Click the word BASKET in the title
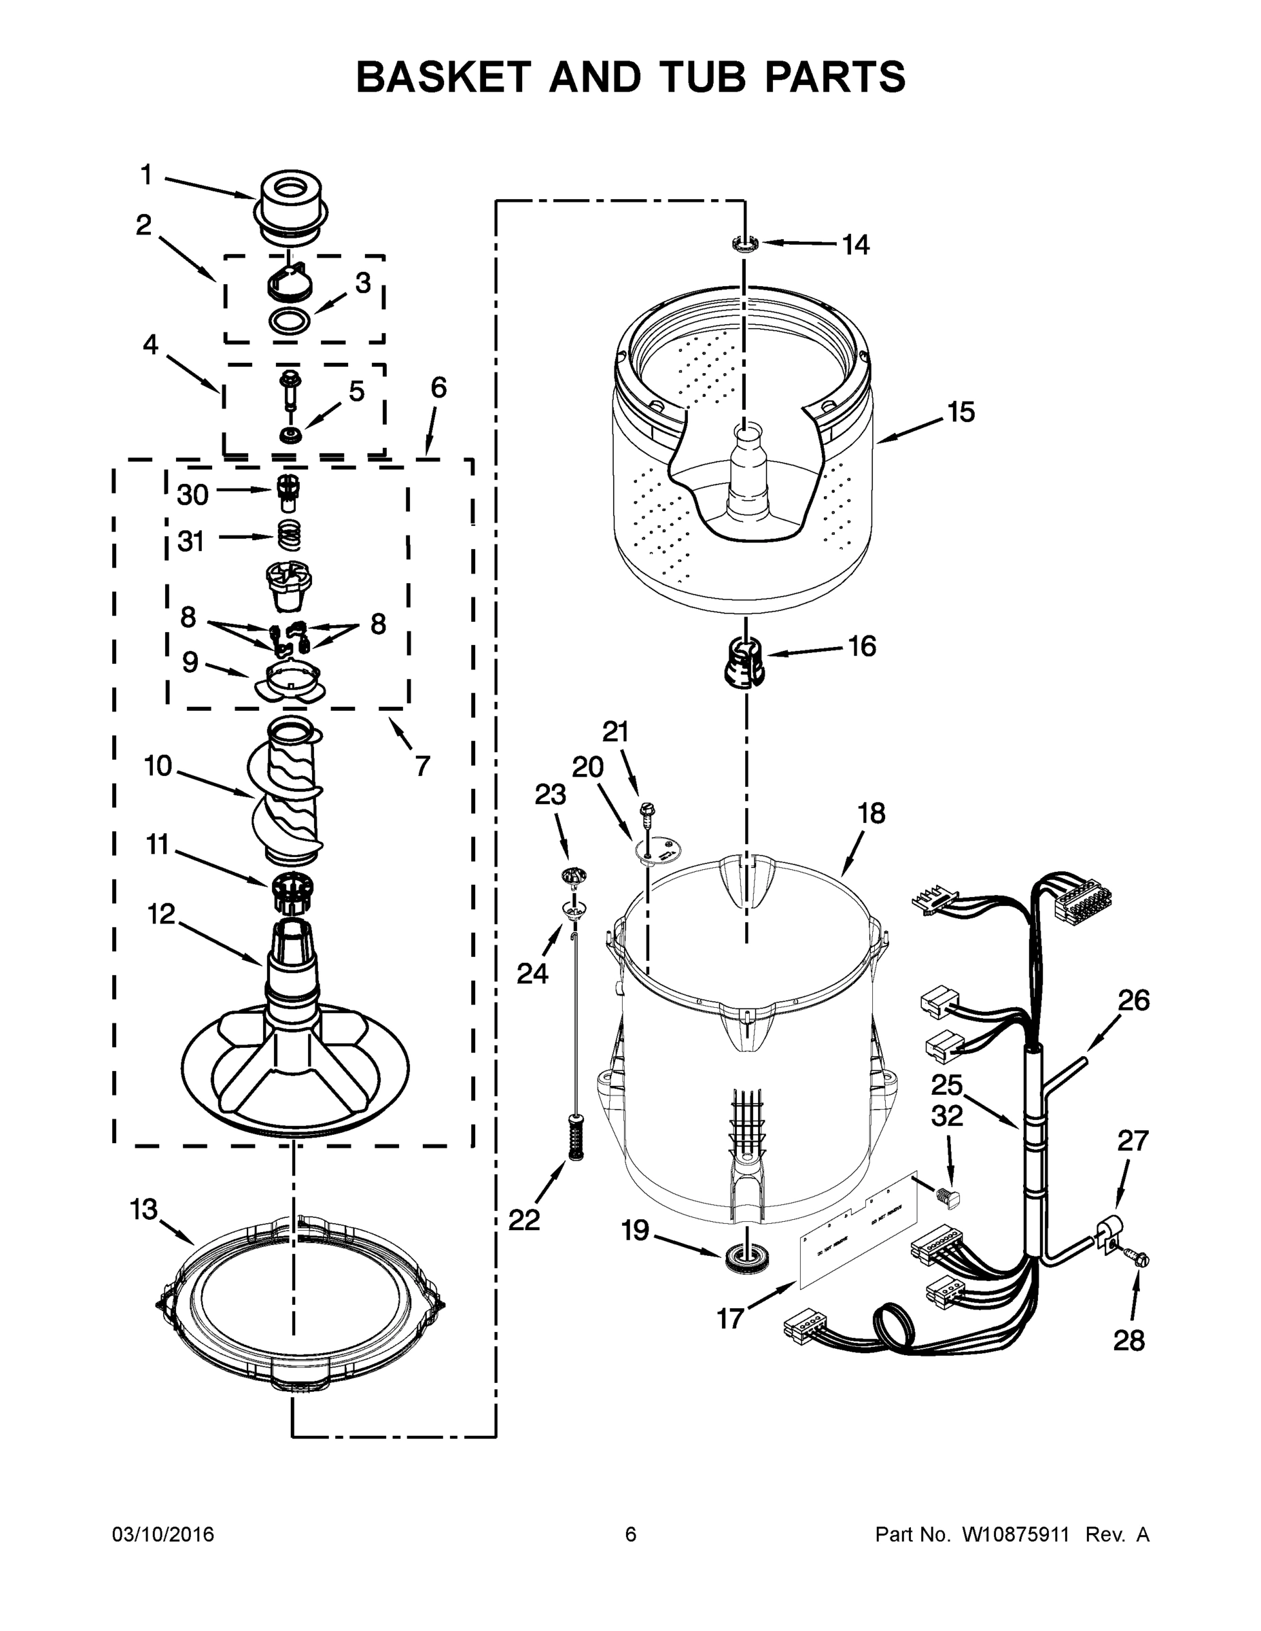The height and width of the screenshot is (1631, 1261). pyautogui.click(x=443, y=77)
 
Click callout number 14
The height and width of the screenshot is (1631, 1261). pyautogui.click(x=856, y=244)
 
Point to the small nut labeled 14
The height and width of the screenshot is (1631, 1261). pyautogui.click(x=745, y=243)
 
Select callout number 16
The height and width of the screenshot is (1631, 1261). pyautogui.click(x=861, y=646)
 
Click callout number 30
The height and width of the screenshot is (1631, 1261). pyautogui.click(x=193, y=494)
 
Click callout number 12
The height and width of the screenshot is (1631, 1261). pyautogui.click(x=161, y=913)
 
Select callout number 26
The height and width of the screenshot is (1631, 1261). pyautogui.click(x=1133, y=1000)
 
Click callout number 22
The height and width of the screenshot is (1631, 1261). pyautogui.click(x=523, y=1220)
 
